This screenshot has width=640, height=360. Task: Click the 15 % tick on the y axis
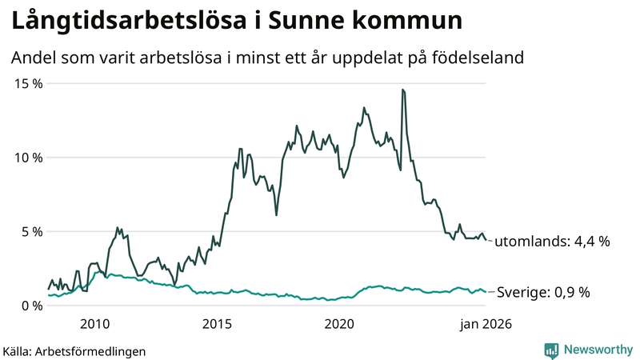coord(27,83)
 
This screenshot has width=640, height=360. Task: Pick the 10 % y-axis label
coord(27,158)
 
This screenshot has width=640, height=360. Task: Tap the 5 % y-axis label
coord(30,232)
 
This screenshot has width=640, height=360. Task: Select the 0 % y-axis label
coord(30,306)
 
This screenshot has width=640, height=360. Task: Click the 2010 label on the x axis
coord(94,324)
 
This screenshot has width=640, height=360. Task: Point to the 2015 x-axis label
coord(217,324)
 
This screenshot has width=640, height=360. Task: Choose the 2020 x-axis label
coord(340,324)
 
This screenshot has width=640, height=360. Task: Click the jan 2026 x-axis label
coord(484,324)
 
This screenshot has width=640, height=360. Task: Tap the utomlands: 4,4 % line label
coord(551,241)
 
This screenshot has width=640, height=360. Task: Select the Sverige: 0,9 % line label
coord(543,293)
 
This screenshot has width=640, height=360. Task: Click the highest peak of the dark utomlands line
coord(402,90)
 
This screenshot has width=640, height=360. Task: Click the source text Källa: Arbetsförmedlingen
coord(74,351)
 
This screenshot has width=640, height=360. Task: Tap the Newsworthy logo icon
coord(551,350)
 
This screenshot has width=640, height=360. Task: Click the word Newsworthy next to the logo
coord(597,350)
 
